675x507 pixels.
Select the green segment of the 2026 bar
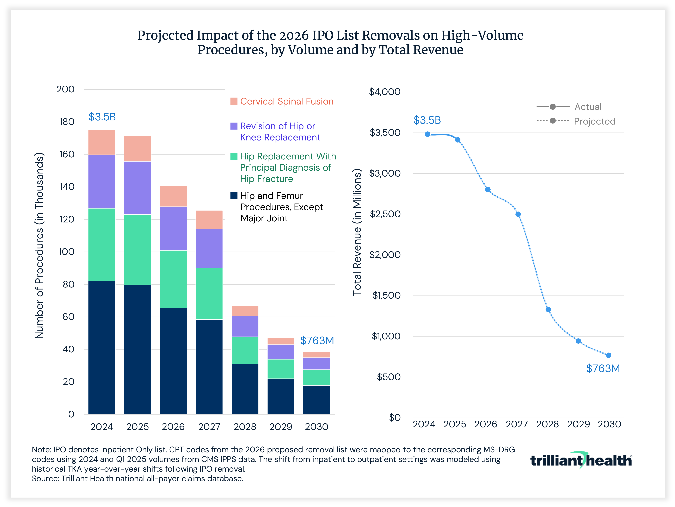pyautogui.click(x=173, y=279)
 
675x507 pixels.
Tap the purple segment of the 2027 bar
pyautogui.click(x=209, y=248)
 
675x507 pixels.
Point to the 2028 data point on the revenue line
pyautogui.click(x=548, y=309)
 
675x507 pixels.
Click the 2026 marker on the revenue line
pyautogui.click(x=488, y=190)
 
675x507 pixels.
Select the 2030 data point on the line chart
pyautogui.click(x=608, y=355)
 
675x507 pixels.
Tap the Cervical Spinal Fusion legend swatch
pyautogui.click(x=234, y=101)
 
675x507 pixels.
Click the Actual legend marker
pyautogui.click(x=552, y=107)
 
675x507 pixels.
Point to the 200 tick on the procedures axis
pyautogui.click(x=66, y=89)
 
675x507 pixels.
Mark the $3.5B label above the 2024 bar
pyautogui.click(x=102, y=117)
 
